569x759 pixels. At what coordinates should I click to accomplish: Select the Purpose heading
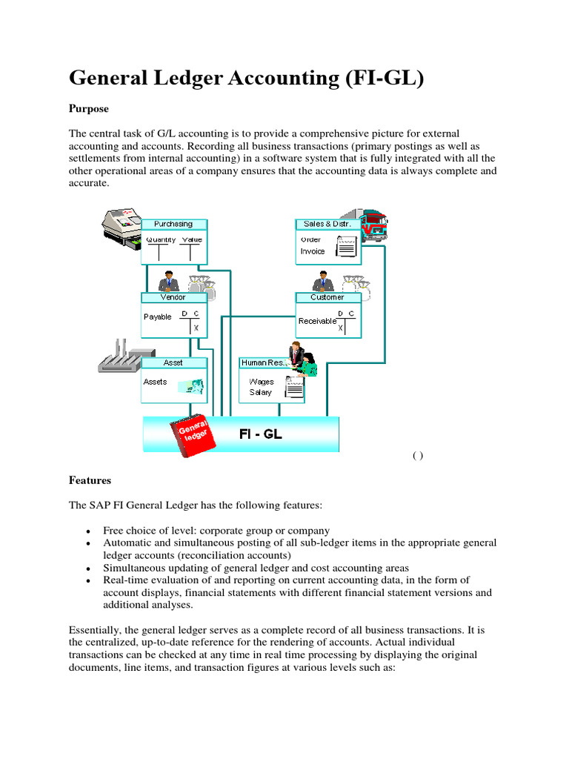point(89,109)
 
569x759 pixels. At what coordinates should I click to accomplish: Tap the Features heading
point(90,480)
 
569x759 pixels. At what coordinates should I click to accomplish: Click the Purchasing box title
point(174,224)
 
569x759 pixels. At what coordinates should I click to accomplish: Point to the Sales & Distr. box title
point(328,224)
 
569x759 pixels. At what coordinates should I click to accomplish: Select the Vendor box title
point(174,296)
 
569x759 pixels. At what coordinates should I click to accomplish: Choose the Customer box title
point(327,296)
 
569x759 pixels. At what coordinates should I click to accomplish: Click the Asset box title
point(173,362)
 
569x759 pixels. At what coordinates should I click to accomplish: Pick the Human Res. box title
point(263,362)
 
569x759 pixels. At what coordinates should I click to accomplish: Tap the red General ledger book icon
point(193,437)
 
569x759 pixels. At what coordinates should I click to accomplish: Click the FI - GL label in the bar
point(260,434)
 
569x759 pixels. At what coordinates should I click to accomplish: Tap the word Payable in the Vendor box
point(157,316)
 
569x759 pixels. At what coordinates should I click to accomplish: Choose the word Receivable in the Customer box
point(317,321)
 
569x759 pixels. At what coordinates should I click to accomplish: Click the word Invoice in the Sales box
point(313,251)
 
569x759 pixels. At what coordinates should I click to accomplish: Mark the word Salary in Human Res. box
point(261,392)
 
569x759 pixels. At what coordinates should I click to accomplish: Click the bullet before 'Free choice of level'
point(89,532)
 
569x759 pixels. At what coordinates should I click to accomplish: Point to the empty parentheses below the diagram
point(418,456)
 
